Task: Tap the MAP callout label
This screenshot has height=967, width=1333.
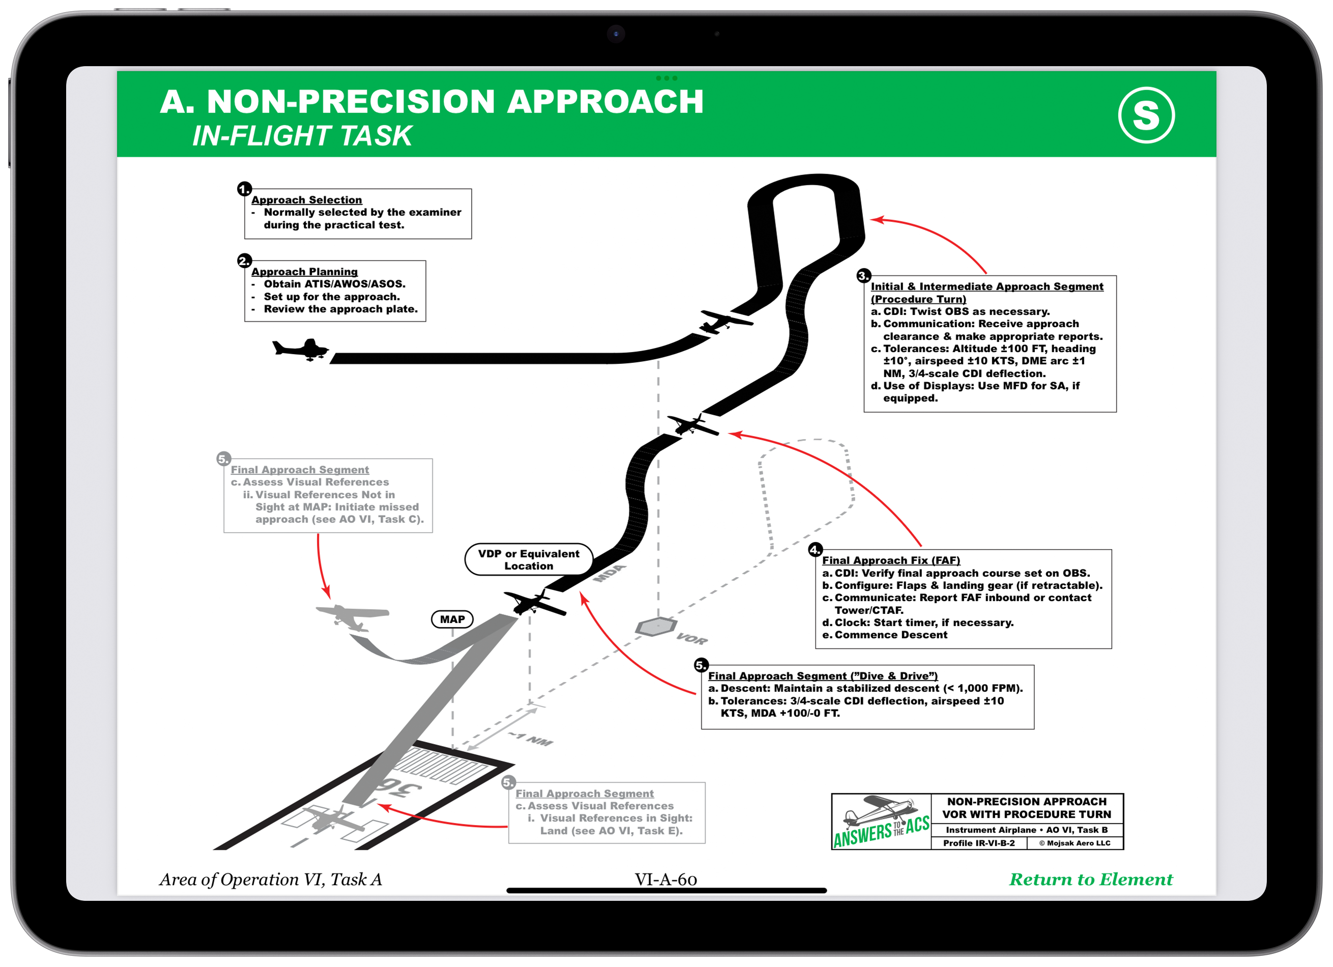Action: (452, 619)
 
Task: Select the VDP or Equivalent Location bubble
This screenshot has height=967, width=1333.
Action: (529, 560)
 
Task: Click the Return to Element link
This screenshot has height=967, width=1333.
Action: (1090, 879)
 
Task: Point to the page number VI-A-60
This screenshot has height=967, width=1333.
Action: (665, 879)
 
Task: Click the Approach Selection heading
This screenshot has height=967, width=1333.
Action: (306, 200)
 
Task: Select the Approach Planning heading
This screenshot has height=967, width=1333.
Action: (304, 272)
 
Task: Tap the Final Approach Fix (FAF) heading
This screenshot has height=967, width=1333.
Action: (890, 560)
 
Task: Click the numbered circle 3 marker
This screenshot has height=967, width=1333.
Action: (863, 276)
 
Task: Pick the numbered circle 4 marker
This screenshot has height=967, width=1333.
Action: (815, 550)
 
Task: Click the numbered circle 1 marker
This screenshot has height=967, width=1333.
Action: (244, 189)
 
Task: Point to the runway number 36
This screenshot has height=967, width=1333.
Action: (400, 788)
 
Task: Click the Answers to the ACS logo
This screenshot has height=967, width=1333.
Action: (881, 822)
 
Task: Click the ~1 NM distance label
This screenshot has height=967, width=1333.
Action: (531, 739)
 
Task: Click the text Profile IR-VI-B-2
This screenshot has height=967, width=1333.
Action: (978, 843)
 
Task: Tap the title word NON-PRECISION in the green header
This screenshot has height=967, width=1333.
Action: (351, 101)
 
